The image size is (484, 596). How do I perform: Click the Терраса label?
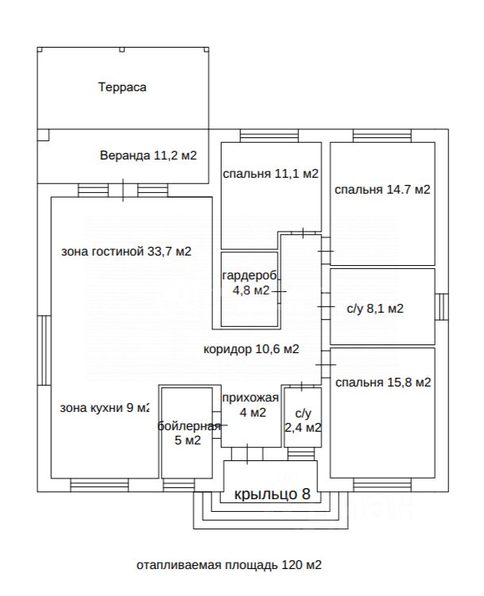[122, 87]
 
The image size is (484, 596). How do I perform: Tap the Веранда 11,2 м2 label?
[148, 156]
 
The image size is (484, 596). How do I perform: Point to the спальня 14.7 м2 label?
[382, 190]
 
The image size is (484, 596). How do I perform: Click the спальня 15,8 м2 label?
[383, 382]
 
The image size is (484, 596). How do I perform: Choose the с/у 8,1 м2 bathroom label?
[375, 308]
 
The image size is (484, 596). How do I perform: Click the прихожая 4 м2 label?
[251, 406]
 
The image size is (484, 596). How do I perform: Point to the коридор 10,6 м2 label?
[251, 349]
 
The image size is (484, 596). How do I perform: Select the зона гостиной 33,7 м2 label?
[126, 252]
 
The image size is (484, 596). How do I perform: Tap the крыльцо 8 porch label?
[272, 494]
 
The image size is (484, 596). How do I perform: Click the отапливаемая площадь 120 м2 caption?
[229, 565]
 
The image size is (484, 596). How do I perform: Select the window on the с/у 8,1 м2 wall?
[441, 307]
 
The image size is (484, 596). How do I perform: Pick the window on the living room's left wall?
[45, 350]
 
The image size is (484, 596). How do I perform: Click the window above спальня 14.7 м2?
[382, 136]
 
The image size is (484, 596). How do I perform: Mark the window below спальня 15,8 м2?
[382, 485]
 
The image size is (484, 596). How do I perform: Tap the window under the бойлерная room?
[179, 485]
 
